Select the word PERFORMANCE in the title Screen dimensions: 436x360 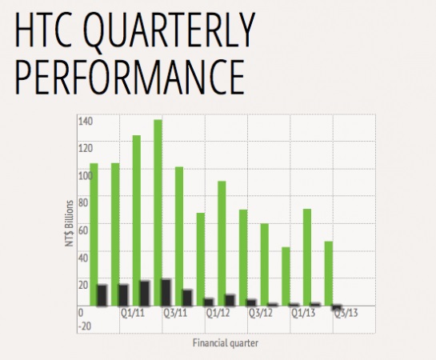click(x=130, y=77)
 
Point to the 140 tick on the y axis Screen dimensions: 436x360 click(x=86, y=122)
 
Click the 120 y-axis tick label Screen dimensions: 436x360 click(x=86, y=149)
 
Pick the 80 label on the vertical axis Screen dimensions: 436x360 click(x=83, y=203)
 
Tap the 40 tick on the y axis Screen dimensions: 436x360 click(x=83, y=258)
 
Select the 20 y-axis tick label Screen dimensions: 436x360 click(x=83, y=286)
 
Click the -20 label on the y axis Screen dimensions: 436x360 click(x=85, y=326)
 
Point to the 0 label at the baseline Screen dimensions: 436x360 click(x=81, y=313)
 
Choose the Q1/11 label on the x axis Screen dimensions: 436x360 click(x=133, y=314)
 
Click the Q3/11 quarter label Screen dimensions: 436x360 click(x=175, y=314)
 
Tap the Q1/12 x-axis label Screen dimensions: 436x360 click(x=218, y=314)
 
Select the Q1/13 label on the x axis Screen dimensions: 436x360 click(x=303, y=314)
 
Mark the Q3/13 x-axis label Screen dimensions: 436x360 click(x=346, y=314)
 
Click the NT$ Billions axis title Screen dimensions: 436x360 click(x=70, y=223)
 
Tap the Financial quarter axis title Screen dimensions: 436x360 click(x=226, y=343)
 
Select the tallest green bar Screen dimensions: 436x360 click(x=158, y=213)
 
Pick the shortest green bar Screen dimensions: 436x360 click(x=286, y=276)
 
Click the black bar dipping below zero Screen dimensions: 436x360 click(x=337, y=307)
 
